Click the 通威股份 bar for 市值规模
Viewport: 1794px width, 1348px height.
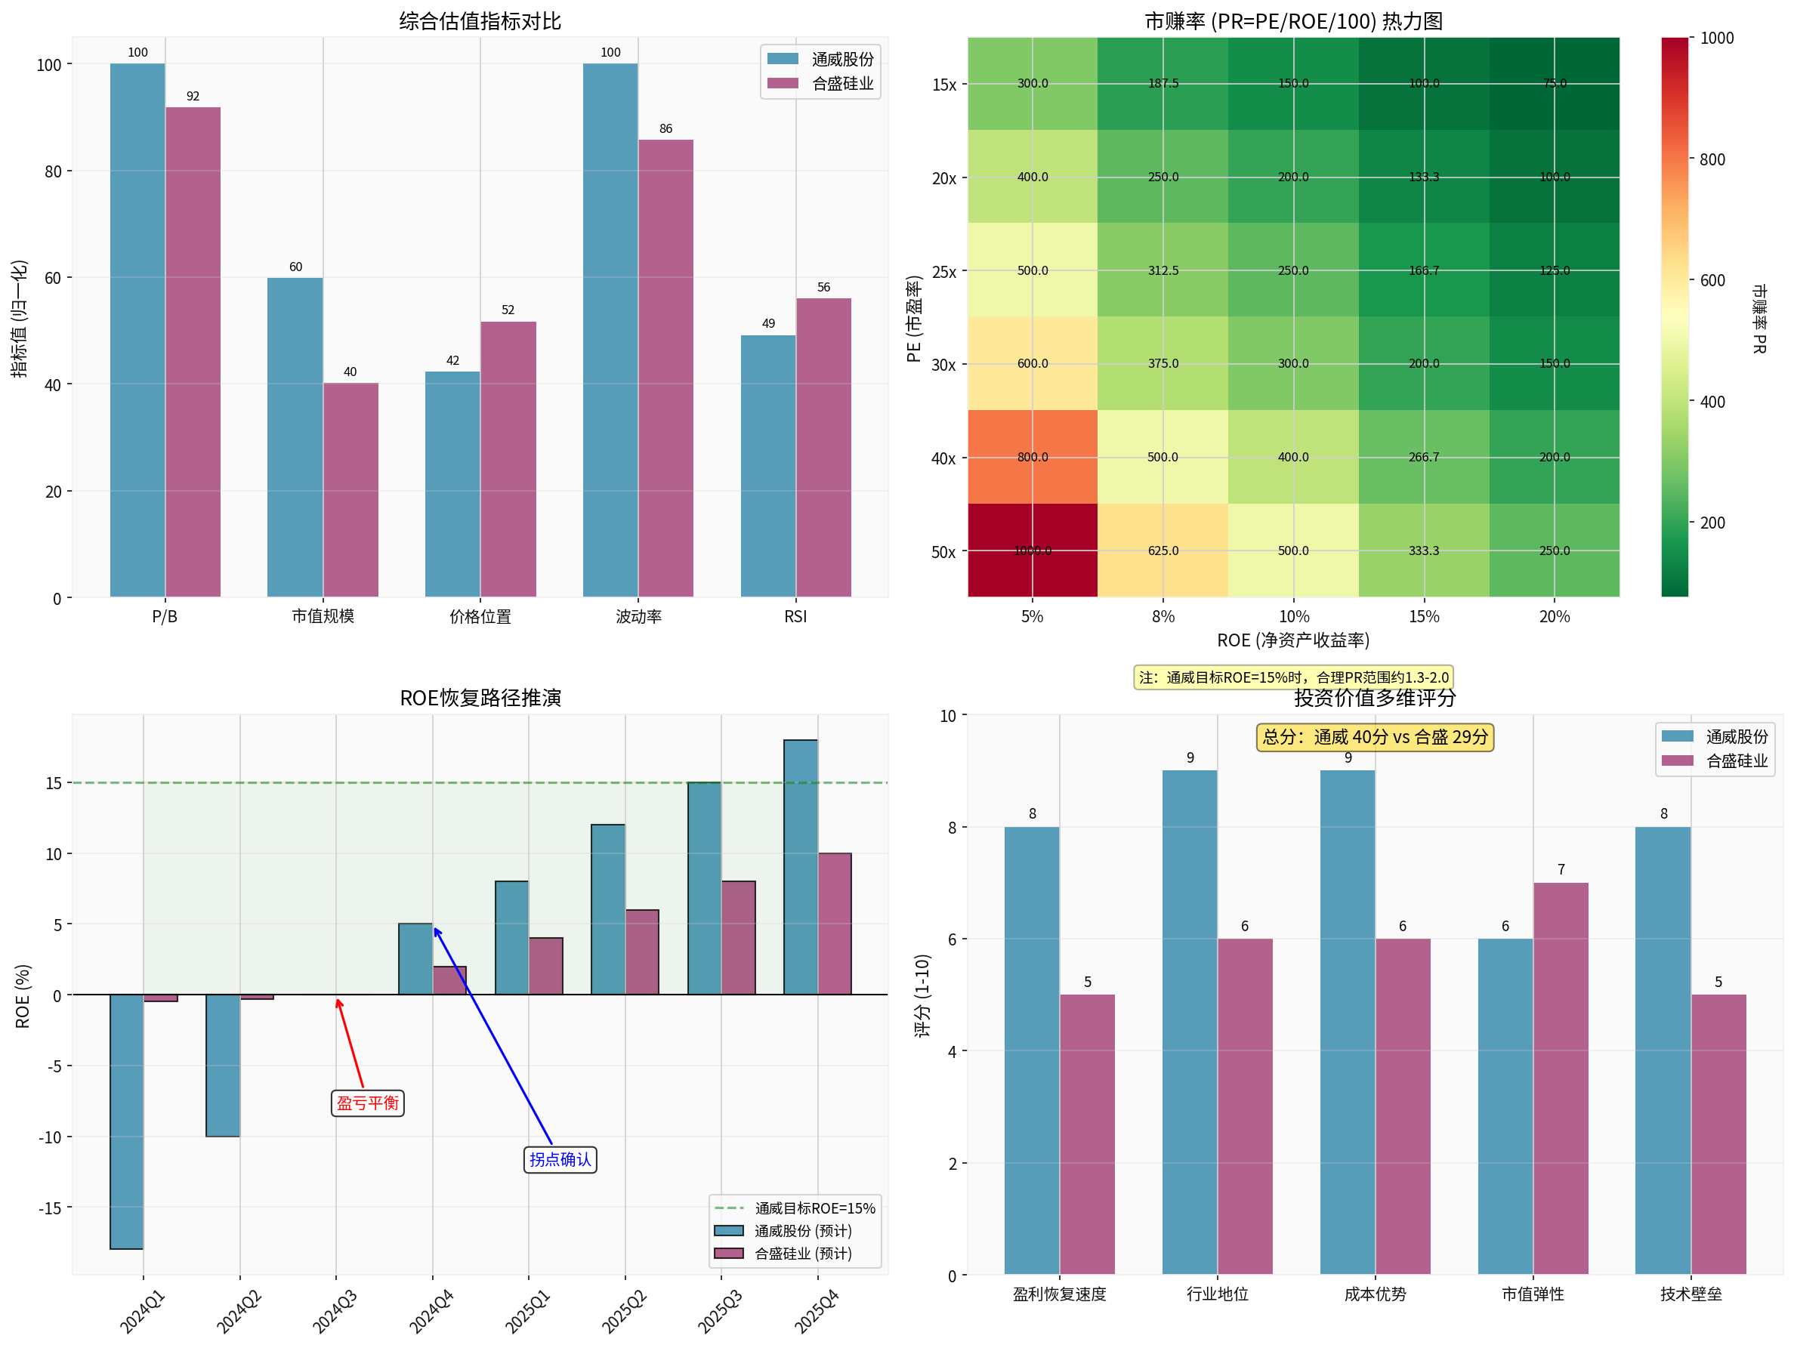click(x=295, y=438)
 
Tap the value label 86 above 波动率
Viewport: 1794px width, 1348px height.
click(x=665, y=129)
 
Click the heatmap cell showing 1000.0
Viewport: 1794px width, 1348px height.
click(x=1033, y=551)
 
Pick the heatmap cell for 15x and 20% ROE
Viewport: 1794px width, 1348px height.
click(x=1554, y=84)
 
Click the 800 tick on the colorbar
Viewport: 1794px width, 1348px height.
click(x=1711, y=160)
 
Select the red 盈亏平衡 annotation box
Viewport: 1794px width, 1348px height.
click(x=367, y=1103)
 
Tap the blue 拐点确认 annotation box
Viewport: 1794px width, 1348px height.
click(x=560, y=1159)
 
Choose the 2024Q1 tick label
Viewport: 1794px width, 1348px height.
click(x=143, y=1312)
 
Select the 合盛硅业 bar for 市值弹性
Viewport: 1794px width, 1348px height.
click(x=1561, y=1078)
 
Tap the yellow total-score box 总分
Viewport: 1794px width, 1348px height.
click(x=1375, y=737)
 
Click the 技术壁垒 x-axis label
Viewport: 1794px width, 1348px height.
click(x=1691, y=1294)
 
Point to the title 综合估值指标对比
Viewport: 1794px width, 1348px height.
click(x=480, y=21)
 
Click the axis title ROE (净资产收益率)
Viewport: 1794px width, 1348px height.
click(x=1292, y=640)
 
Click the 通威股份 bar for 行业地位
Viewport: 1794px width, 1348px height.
click(x=1189, y=1022)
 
